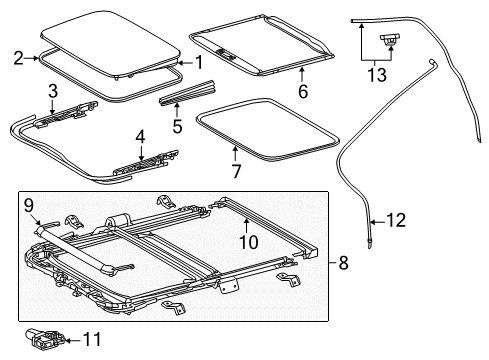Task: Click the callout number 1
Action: point(198,62)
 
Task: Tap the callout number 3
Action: point(52,91)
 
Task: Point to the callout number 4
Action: point(141,135)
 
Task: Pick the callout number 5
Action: point(176,126)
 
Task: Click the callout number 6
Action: point(301,91)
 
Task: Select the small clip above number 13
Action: point(389,40)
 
